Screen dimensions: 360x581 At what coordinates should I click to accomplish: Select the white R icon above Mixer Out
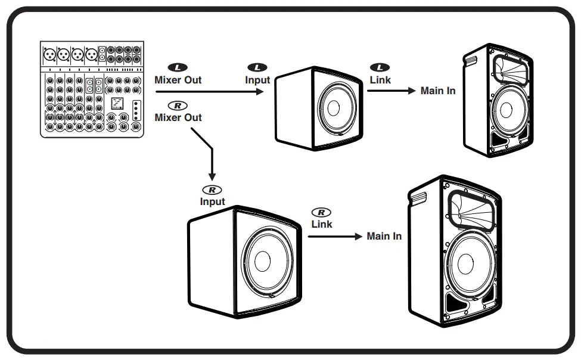coord(178,105)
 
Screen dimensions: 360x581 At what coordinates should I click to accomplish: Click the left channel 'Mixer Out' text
coord(178,80)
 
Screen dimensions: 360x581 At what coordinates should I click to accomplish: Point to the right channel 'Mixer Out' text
coord(178,117)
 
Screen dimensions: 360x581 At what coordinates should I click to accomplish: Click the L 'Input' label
coord(257,80)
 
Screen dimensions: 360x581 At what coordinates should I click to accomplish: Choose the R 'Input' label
coord(212,201)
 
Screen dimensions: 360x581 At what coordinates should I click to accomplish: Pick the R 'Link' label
coord(322,224)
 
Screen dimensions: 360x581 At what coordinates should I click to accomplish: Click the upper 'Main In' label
coord(438,91)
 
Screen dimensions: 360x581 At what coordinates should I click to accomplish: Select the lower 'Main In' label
coord(384,236)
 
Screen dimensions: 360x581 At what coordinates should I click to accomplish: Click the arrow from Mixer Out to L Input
coord(209,92)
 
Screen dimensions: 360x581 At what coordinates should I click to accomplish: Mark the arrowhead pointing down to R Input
coord(212,177)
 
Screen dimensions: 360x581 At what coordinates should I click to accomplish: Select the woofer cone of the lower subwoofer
coord(262,262)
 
